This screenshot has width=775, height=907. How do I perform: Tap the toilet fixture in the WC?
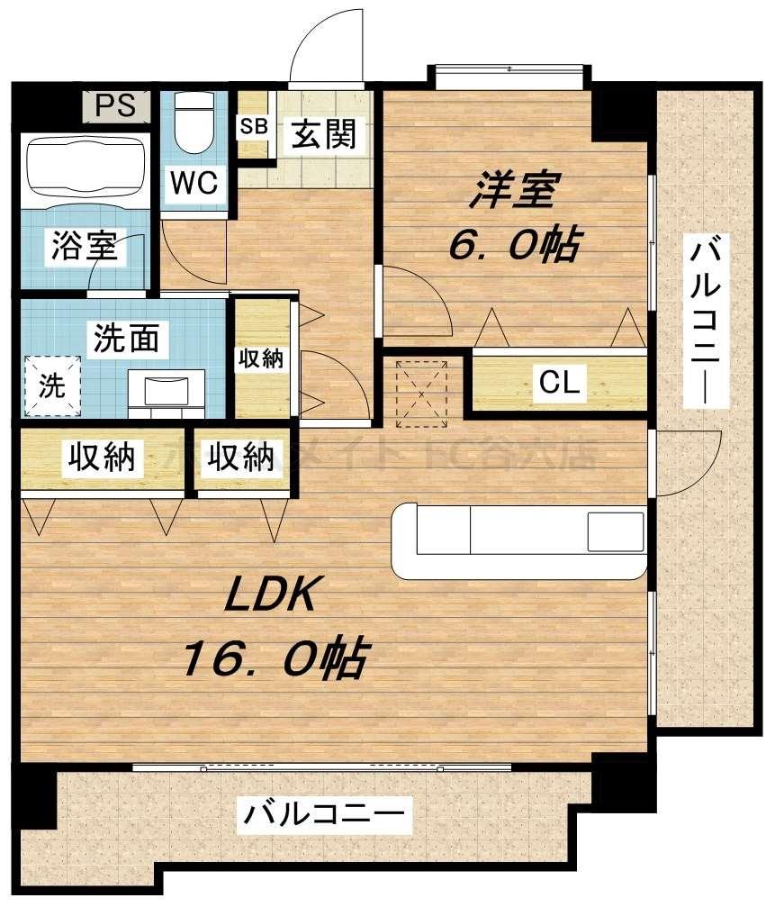click(x=192, y=125)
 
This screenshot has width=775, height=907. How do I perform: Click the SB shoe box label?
click(x=253, y=126)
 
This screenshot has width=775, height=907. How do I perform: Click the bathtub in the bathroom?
click(x=86, y=168)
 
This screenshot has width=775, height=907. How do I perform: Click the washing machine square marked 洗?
click(x=51, y=386)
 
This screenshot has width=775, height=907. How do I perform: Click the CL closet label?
click(x=559, y=383)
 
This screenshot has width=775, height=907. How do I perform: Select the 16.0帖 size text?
click(x=274, y=659)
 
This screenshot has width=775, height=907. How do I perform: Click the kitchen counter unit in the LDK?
click(x=519, y=540)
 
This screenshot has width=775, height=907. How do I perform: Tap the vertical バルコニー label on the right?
click(x=704, y=320)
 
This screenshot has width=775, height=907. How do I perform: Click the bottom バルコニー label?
click(x=323, y=818)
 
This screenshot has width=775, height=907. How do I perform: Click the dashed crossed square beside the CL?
click(x=422, y=391)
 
